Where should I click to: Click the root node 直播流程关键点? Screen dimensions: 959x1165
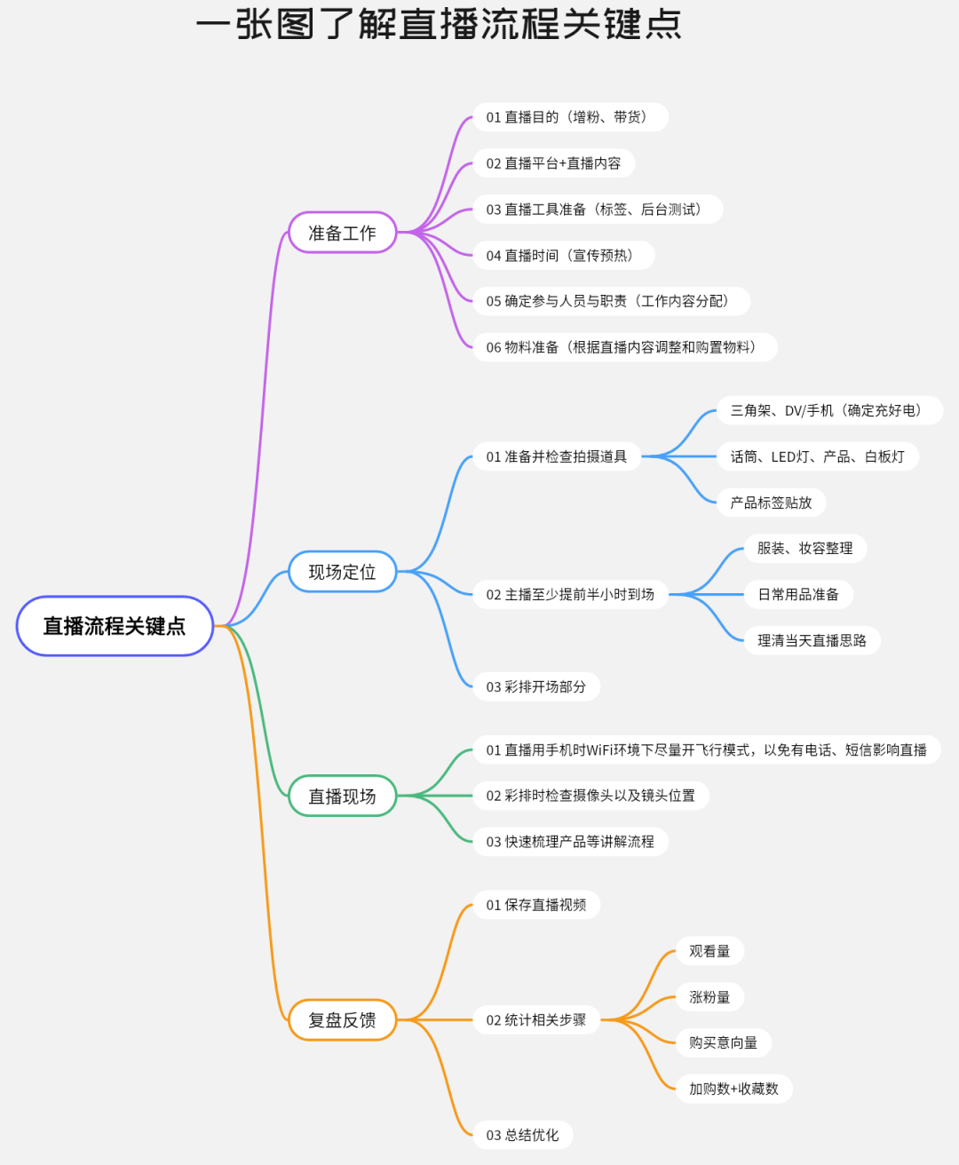point(115,626)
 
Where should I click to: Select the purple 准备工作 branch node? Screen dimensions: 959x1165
point(342,233)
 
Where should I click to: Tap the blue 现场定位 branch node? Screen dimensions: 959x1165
point(342,572)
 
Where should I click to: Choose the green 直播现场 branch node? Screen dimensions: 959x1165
point(342,796)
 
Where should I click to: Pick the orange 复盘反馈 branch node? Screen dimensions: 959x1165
point(342,1020)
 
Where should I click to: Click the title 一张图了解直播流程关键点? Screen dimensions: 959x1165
point(439,24)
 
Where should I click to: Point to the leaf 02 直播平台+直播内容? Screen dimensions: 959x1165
point(553,163)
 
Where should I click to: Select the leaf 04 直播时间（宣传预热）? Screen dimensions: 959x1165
point(563,256)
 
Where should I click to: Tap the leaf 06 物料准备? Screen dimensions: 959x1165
point(624,347)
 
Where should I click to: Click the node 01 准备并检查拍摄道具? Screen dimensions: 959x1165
point(557,456)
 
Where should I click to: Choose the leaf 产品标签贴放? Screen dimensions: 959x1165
point(771,503)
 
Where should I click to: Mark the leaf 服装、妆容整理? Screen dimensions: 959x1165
point(804,549)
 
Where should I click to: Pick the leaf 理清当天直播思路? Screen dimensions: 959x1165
point(812,640)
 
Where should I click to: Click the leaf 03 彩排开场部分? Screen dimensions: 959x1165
point(536,686)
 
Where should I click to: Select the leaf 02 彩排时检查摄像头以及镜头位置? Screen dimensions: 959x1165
point(590,796)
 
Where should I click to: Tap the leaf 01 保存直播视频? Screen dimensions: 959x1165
point(536,905)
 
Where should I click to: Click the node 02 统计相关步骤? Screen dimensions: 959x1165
point(536,1020)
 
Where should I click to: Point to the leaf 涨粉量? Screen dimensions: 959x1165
point(709,997)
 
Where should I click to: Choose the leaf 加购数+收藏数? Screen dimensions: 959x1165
point(733,1089)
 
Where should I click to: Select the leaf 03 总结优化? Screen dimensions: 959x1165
point(523,1135)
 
